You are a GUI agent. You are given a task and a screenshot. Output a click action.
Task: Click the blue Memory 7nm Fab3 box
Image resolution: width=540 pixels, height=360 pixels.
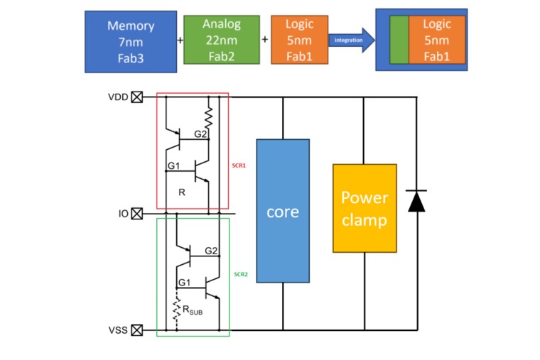coord(131,41)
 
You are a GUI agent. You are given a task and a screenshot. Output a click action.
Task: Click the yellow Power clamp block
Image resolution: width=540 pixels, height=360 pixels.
coord(364,208)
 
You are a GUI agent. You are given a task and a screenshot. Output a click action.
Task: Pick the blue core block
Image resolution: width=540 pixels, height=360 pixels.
coord(283,212)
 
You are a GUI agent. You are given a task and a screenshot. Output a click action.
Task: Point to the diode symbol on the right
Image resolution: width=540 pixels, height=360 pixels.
coord(416,202)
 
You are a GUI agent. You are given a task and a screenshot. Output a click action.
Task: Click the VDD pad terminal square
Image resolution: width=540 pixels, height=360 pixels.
coord(137,97)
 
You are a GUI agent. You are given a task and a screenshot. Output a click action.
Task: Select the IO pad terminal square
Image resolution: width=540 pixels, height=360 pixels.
coord(137,212)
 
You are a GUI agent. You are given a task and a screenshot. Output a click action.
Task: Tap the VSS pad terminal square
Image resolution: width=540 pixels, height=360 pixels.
coord(137,329)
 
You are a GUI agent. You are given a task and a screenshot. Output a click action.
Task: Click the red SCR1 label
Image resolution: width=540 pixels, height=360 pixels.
coord(239,165)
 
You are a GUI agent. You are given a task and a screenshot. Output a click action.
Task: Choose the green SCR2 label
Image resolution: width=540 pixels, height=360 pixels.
coord(239,274)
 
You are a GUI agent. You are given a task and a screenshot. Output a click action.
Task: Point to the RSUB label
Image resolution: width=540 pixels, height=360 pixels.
coord(192,309)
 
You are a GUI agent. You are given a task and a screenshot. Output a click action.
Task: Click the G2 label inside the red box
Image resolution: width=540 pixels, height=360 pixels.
coord(200,133)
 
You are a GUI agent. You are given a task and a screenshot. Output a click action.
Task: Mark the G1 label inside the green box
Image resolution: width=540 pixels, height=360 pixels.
coord(185,283)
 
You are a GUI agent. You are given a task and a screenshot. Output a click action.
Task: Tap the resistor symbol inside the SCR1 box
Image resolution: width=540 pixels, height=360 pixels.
coord(209,116)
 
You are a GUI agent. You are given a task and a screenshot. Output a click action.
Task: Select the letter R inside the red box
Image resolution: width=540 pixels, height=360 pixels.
coord(182,192)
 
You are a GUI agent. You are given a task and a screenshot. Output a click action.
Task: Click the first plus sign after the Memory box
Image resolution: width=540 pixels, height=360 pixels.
coord(180,40)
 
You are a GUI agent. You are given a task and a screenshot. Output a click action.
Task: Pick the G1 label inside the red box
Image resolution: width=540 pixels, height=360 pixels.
coord(174,166)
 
